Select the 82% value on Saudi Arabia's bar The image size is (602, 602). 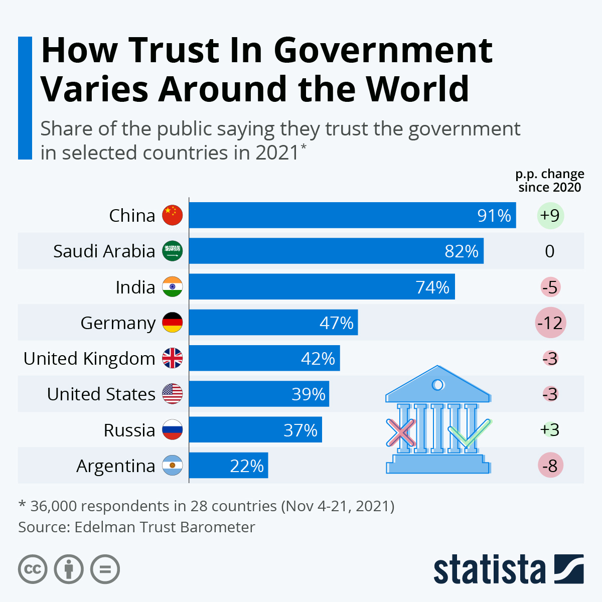[x=462, y=251]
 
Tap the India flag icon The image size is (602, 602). [x=173, y=287]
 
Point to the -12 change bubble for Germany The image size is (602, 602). [x=550, y=323]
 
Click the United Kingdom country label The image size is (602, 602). [x=89, y=359]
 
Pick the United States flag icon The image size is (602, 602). [x=173, y=394]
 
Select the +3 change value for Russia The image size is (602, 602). [x=550, y=430]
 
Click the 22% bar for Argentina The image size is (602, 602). [x=228, y=466]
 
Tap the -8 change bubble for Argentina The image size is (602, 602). [x=550, y=466]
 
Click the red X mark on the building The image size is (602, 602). [x=401, y=432]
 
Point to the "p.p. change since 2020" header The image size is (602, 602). [x=550, y=181]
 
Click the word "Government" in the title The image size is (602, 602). [x=383, y=50]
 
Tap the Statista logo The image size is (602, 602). [x=508, y=569]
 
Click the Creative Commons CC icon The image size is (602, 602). [x=33, y=569]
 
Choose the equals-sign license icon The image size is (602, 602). [x=105, y=569]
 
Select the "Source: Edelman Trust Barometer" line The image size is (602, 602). [x=136, y=527]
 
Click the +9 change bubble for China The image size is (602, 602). [x=550, y=215]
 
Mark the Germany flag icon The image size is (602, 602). [x=173, y=323]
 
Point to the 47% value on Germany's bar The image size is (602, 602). [x=337, y=323]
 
